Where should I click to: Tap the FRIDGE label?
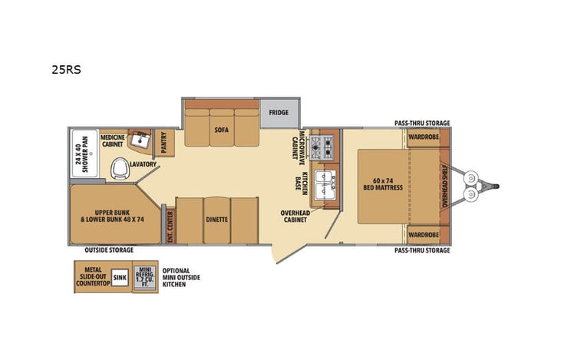(278, 113)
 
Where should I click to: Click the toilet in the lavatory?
(120, 167)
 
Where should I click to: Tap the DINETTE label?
(216, 220)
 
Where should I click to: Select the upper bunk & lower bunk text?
(114, 214)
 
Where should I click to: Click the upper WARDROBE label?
(423, 137)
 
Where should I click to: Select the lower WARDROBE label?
(423, 234)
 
